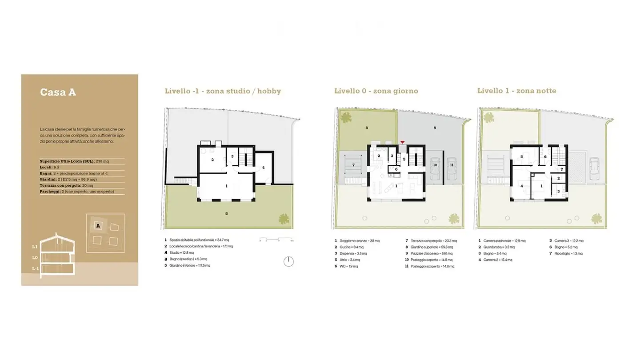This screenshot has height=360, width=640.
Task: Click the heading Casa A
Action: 58,92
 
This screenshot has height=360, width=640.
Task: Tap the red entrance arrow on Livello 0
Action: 402,142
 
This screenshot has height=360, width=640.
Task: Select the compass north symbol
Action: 288,261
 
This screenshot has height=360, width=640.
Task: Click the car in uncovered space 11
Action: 452,169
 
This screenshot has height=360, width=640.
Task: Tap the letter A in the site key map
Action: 97,226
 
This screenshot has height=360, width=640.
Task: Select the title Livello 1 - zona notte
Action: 516,91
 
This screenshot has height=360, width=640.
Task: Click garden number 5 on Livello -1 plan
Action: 226,213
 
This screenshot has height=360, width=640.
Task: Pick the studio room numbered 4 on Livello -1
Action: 263,168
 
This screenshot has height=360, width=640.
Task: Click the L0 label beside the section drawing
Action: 35,257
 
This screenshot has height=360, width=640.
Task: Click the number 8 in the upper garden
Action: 366,128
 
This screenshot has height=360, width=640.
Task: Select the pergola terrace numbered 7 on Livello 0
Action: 353,165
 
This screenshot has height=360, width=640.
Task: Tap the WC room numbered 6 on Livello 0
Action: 396,169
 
